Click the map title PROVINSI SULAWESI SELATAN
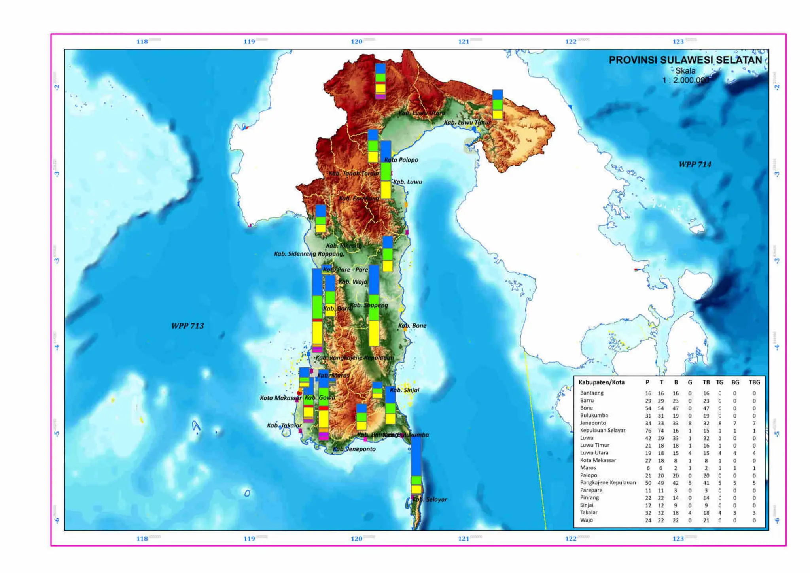pyautogui.click(x=685, y=60)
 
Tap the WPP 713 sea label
pyautogui.click(x=187, y=326)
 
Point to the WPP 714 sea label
pyautogui.click(x=695, y=165)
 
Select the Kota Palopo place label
pyautogui.click(x=401, y=160)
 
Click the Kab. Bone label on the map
pyautogui.click(x=412, y=326)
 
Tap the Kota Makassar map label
pyautogui.click(x=280, y=398)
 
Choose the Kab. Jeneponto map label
pyautogui.click(x=354, y=449)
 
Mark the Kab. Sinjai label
pyautogui.click(x=404, y=390)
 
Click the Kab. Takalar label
pyautogui.click(x=284, y=425)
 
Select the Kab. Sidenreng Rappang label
pyautogui.click(x=309, y=254)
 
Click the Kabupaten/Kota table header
pyautogui.click(x=601, y=382)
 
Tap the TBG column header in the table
pyautogui.click(x=754, y=382)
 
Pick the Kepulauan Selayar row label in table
pyautogui.click(x=602, y=430)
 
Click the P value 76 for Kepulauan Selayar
pyautogui.click(x=648, y=431)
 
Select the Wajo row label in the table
pyautogui.click(x=587, y=520)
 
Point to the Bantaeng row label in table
pyautogui.click(x=592, y=393)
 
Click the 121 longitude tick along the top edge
pyautogui.click(x=464, y=42)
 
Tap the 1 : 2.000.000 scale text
pyautogui.click(x=686, y=80)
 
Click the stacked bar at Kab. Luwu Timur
pyautogui.click(x=498, y=104)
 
